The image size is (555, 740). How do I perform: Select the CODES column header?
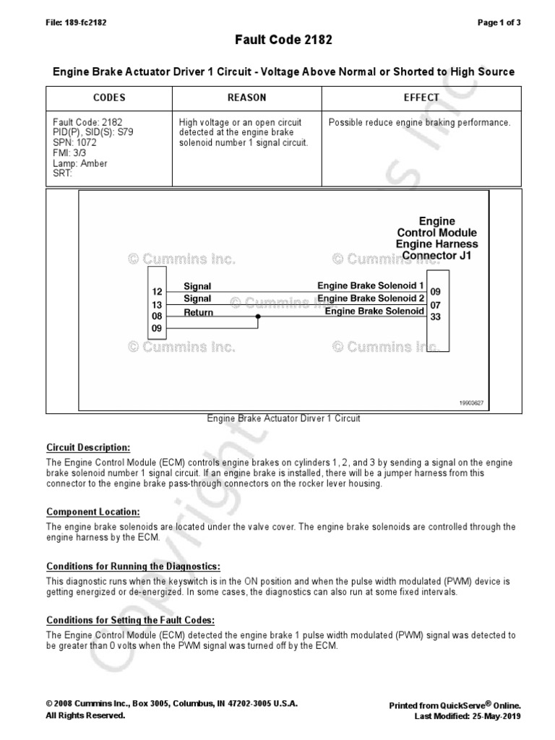(109, 98)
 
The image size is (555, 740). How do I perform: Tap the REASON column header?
(246, 98)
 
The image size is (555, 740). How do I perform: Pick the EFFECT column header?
(421, 98)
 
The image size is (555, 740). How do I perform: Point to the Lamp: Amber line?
(80, 163)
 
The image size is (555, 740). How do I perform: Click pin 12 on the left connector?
(157, 292)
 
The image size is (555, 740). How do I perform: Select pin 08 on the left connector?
(157, 317)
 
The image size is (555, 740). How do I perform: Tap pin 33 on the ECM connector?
(435, 317)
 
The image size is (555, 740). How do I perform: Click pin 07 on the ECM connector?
(435, 304)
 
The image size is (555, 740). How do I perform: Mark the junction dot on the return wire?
(258, 317)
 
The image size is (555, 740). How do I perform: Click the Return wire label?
(198, 312)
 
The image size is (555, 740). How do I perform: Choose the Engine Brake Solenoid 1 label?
(371, 286)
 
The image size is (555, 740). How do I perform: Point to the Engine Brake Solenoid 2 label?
(371, 298)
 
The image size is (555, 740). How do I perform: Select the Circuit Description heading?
(89, 447)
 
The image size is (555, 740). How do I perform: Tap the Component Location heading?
(92, 512)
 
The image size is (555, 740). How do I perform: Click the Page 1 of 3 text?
(499, 22)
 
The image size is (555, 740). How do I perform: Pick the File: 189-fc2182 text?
(76, 22)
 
